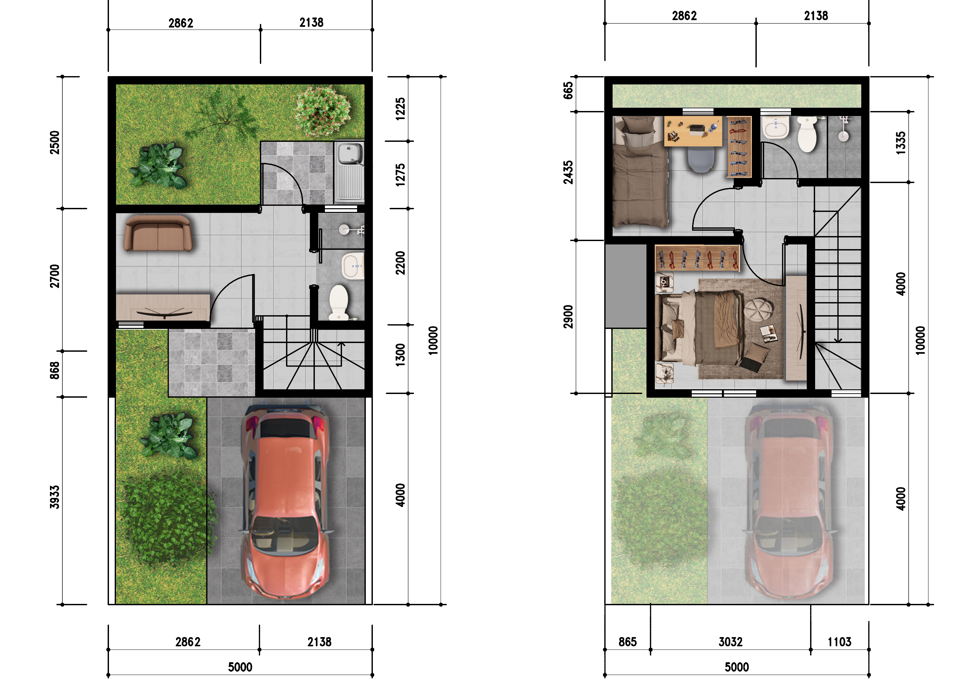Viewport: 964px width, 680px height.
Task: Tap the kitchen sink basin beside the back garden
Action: pos(350,154)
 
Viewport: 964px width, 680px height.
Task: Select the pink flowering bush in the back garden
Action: pos(323,111)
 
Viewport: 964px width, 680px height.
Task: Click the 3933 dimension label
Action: pos(55,497)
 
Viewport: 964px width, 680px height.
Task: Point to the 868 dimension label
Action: pos(55,371)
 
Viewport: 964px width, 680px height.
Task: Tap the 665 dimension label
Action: pos(568,91)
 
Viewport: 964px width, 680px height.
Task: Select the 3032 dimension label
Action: pos(731,642)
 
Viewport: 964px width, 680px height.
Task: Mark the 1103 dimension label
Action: pos(839,642)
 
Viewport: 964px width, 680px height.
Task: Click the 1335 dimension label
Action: pos(901,143)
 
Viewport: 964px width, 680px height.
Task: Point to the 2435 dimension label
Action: pos(568,173)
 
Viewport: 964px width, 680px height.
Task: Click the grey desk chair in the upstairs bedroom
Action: pos(701,160)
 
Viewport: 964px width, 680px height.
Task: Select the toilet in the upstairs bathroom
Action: pos(806,133)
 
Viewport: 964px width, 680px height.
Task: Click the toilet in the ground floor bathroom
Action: pos(339,302)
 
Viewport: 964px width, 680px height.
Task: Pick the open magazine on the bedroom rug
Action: pos(769,334)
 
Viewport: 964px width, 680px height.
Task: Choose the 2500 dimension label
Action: pos(55,143)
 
